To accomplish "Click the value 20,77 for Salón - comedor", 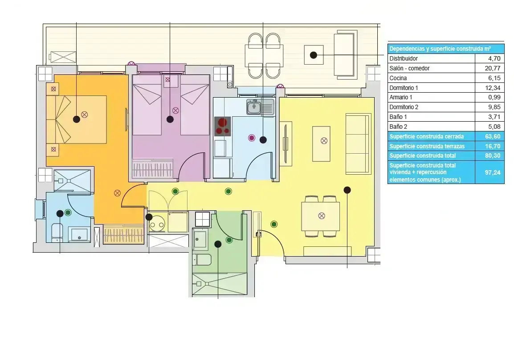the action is (x=493, y=68).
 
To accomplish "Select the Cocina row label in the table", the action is (x=398, y=78).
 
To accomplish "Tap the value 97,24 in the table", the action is (x=493, y=172).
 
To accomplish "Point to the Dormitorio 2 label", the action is (x=404, y=107).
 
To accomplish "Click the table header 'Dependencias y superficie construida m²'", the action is (x=440, y=49).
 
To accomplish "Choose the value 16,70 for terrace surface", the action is (x=493, y=146).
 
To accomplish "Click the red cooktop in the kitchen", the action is (x=223, y=126).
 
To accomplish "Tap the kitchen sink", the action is (x=254, y=107).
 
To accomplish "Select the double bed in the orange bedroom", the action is (x=76, y=119).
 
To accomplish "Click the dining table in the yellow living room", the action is (x=321, y=216).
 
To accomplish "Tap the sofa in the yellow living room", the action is (x=358, y=144).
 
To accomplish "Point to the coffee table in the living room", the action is (x=321, y=143).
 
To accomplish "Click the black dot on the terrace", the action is (x=314, y=55).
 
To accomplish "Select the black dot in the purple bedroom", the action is (x=170, y=119).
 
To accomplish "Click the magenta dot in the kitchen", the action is (x=252, y=138).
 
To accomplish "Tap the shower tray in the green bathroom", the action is (x=220, y=284).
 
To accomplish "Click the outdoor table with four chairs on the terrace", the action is (x=264, y=56).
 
